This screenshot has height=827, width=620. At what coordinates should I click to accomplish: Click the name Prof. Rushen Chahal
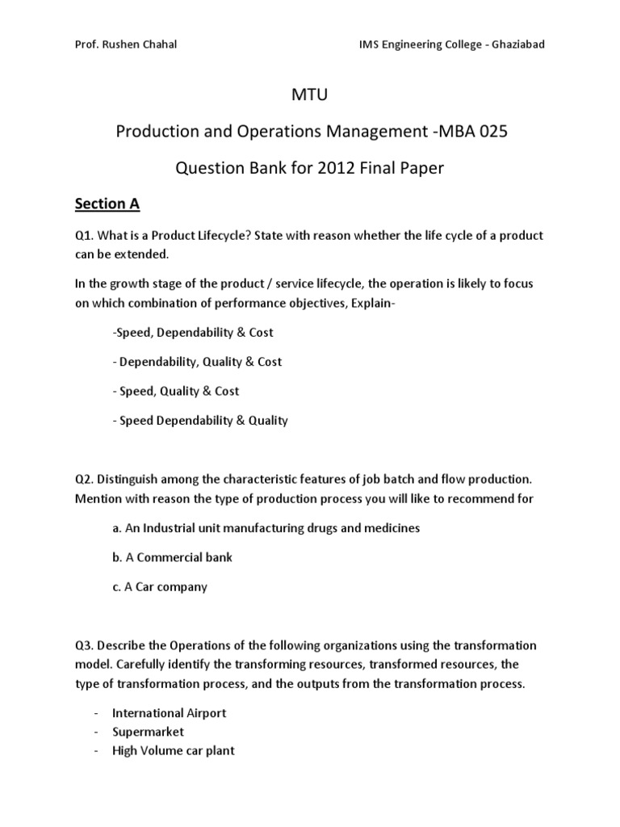tap(125, 44)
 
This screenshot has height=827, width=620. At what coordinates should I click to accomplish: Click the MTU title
tap(309, 97)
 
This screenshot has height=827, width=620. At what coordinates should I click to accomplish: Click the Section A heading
tap(107, 204)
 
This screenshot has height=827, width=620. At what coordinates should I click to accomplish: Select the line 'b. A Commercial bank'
tap(172, 557)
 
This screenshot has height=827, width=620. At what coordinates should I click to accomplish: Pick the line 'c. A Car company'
tap(160, 586)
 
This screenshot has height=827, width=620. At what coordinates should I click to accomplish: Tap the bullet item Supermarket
tap(148, 732)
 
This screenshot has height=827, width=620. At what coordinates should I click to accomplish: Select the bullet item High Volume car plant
tap(173, 750)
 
